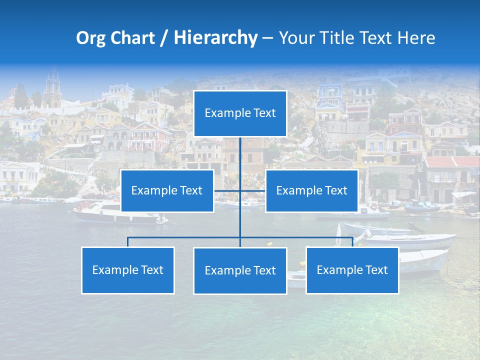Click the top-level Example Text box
pyautogui.click(x=240, y=113)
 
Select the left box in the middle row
pyautogui.click(x=167, y=190)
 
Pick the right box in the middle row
pyautogui.click(x=311, y=190)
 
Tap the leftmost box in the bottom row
pyautogui.click(x=127, y=270)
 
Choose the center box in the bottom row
pyautogui.click(x=240, y=270)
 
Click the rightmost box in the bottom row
pyautogui.click(x=352, y=270)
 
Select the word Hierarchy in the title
pyautogui.click(x=215, y=38)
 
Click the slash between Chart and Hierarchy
pyautogui.click(x=164, y=38)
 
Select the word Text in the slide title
pyautogui.click(x=379, y=38)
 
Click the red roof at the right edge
pyautogui.click(x=450, y=162)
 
